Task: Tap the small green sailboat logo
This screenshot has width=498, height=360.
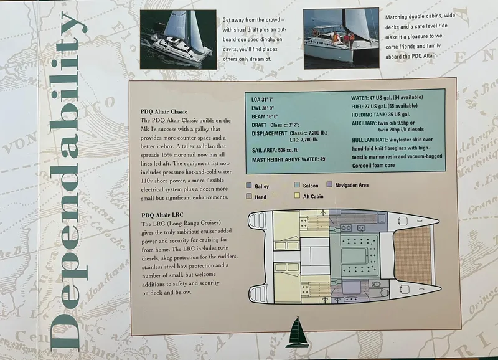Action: [x=298, y=329]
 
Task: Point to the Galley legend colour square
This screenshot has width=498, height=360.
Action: [x=249, y=186]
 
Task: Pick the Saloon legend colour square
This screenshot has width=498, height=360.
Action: [x=297, y=186]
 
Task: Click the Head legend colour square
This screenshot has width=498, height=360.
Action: [x=249, y=196]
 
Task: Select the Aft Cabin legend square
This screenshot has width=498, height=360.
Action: [x=297, y=196]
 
